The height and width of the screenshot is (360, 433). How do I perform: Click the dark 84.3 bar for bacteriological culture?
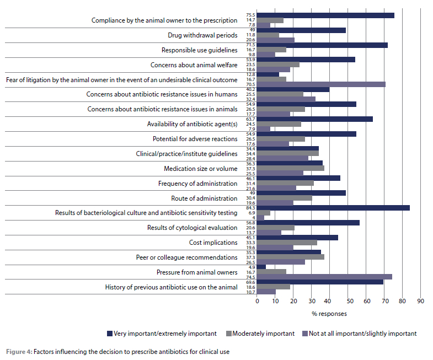coord(333,207)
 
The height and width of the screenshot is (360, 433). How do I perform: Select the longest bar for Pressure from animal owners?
coord(324,277)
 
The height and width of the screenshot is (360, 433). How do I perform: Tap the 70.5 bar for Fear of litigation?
coord(321,84)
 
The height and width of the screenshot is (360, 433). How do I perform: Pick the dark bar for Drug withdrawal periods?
coord(301,30)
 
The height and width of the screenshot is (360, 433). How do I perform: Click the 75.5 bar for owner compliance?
coord(325,15)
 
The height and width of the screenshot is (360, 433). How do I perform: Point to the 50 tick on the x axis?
coord(348,301)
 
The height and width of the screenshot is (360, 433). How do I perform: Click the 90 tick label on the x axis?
coord(420,301)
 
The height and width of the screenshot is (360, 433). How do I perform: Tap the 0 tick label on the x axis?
coord(257,301)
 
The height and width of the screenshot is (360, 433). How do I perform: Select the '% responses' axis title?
coord(329,314)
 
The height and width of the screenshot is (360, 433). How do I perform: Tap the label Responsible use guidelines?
coord(199,50)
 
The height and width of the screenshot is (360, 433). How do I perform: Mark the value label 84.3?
coord(250,207)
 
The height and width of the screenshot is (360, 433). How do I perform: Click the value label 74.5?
coord(250,277)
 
